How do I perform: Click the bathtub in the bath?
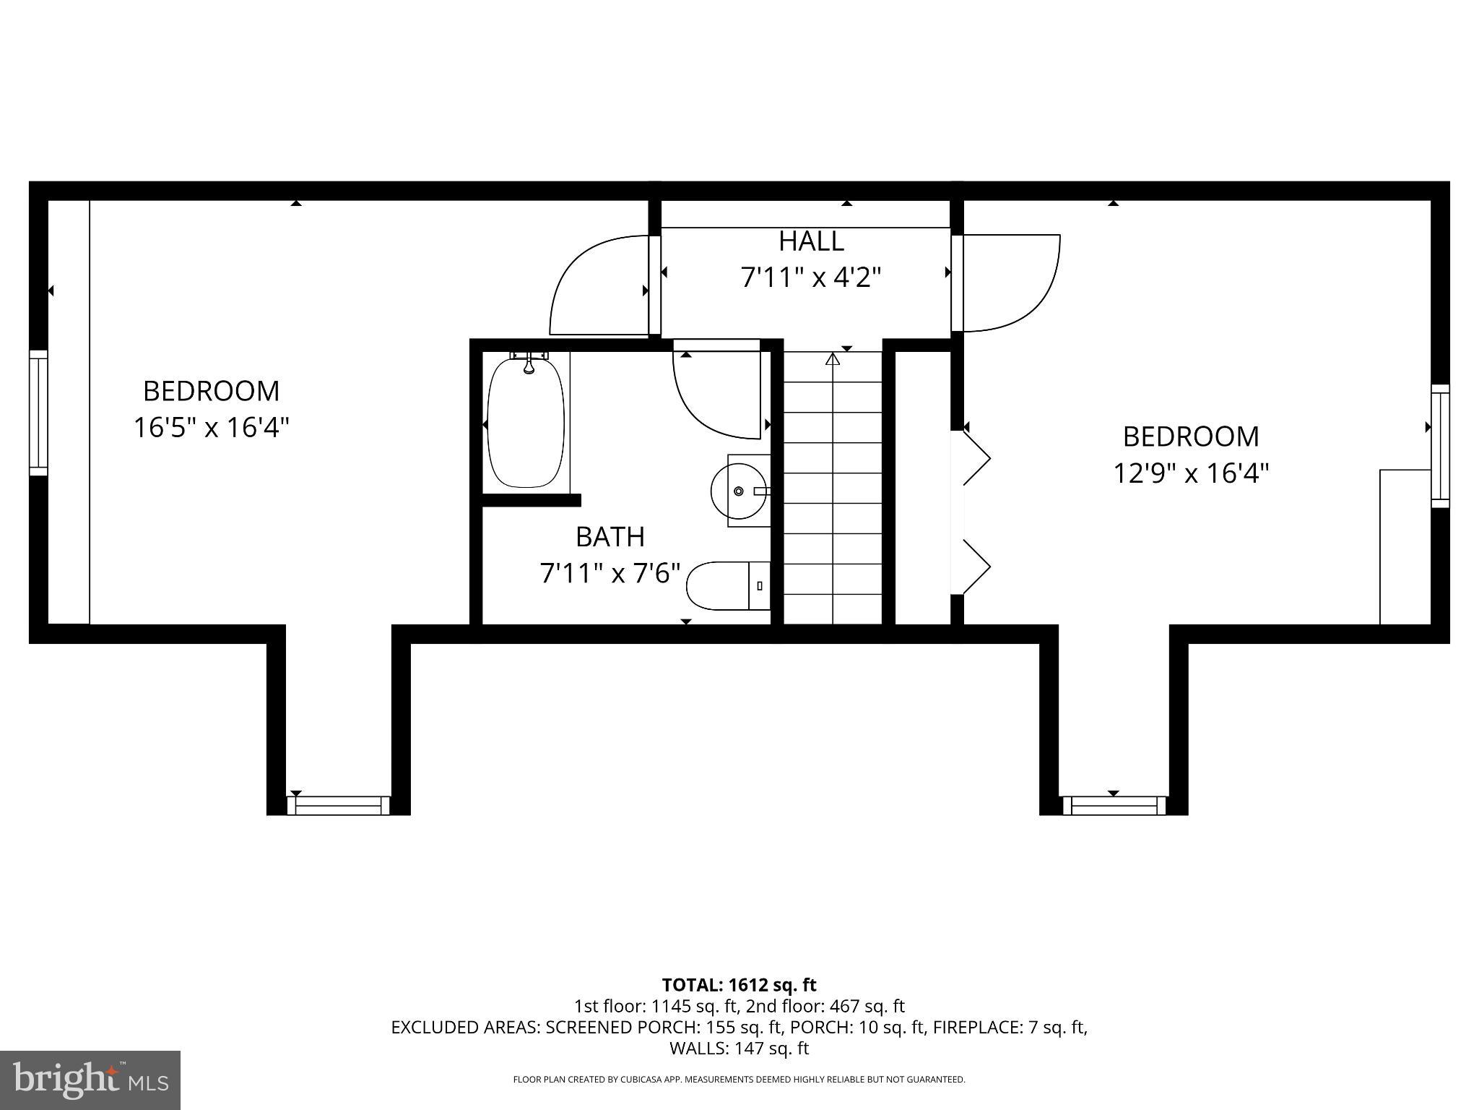(526, 422)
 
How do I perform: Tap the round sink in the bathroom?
(738, 491)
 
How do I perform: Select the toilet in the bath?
(726, 585)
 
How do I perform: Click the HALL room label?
(811, 241)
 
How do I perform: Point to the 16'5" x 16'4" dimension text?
(211, 428)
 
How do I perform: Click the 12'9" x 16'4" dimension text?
(1191, 474)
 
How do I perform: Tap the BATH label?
(610, 537)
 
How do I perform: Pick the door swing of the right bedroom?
(1011, 282)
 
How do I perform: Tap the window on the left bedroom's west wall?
(38, 413)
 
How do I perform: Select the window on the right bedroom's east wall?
(1440, 445)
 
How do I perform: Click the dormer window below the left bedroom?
(338, 805)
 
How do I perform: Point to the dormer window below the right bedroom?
(1113, 805)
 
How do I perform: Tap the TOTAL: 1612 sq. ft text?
(739, 985)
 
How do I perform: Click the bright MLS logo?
(90, 1080)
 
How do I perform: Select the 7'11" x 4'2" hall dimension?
(811, 277)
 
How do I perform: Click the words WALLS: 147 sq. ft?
(739, 1048)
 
